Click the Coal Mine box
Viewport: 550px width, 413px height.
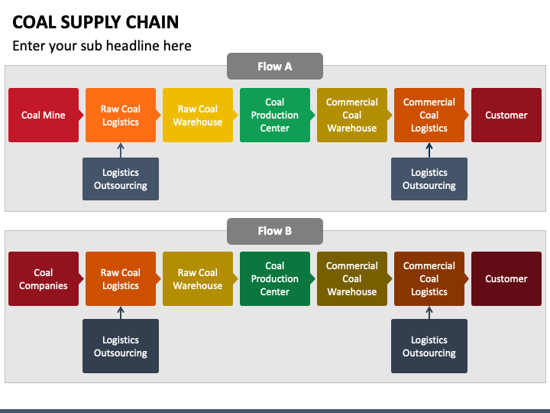[x=44, y=115]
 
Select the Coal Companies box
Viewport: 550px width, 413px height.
[x=44, y=279]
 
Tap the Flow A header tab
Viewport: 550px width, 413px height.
[x=275, y=66]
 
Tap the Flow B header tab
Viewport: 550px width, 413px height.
[x=275, y=231]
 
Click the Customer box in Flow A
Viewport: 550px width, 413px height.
[x=506, y=115]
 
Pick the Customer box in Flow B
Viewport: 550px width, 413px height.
[x=506, y=279]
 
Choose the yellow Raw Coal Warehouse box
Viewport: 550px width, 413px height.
[x=198, y=115]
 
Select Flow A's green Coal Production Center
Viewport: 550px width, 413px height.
[x=275, y=115]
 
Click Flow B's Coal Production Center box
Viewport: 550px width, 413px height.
[x=275, y=279]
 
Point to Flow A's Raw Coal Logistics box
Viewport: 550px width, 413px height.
[x=121, y=115]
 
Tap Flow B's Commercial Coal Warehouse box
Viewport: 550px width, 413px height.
[x=352, y=279]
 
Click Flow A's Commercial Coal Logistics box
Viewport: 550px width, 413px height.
[x=429, y=115]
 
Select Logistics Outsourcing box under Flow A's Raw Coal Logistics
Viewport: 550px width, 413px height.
[x=121, y=179]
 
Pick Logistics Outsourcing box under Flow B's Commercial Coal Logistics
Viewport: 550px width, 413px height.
[x=429, y=346]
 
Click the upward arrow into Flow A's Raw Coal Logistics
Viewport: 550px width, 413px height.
[x=121, y=151]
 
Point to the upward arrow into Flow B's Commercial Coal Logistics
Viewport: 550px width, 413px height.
[x=429, y=313]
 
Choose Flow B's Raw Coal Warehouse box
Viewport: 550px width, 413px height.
[x=198, y=279]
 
